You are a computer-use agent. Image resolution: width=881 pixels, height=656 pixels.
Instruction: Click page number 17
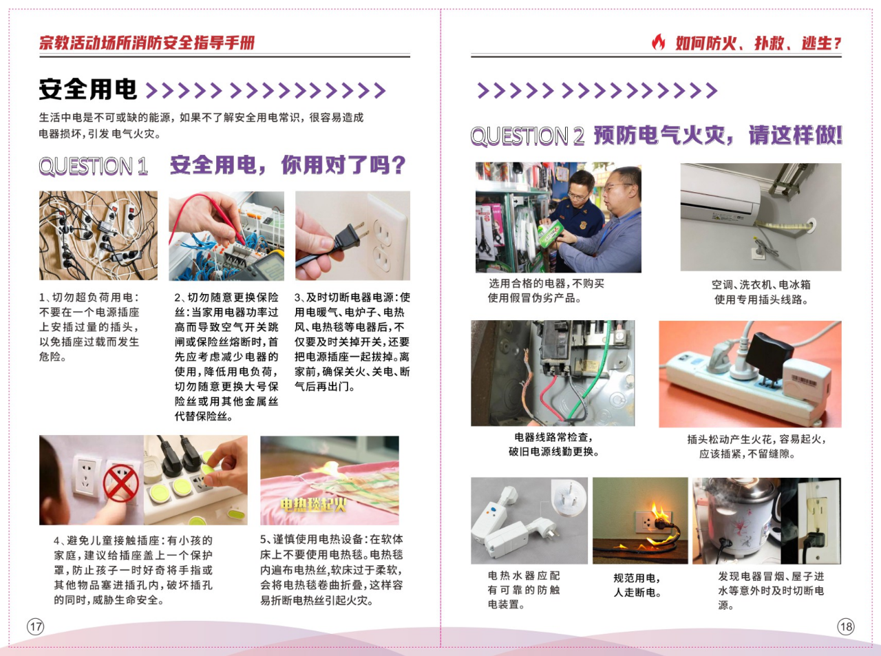click(x=36, y=627)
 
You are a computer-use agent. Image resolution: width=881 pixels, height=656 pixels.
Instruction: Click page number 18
click(x=846, y=627)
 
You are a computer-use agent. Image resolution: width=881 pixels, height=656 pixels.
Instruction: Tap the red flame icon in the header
click(x=658, y=42)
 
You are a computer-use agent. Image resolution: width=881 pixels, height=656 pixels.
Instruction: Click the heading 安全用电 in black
click(x=88, y=89)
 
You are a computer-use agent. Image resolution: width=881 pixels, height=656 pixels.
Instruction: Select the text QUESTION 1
click(x=94, y=166)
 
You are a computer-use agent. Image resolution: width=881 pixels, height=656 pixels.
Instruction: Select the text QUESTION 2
click(x=527, y=136)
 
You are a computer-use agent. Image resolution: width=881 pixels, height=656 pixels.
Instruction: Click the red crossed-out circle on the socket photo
click(x=120, y=483)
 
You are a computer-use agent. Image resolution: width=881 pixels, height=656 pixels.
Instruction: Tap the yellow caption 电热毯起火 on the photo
click(x=313, y=505)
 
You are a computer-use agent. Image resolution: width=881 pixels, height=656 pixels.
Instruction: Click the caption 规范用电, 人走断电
click(x=637, y=585)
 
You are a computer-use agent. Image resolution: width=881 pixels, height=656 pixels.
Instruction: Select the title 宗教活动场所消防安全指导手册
click(x=147, y=43)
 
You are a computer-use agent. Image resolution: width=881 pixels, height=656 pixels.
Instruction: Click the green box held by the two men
click(x=550, y=233)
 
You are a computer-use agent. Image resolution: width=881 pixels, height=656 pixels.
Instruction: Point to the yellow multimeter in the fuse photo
click(x=266, y=267)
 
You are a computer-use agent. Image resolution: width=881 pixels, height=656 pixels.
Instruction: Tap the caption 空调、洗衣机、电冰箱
click(x=761, y=284)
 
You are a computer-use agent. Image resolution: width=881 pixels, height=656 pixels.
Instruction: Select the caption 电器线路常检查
click(x=553, y=437)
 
